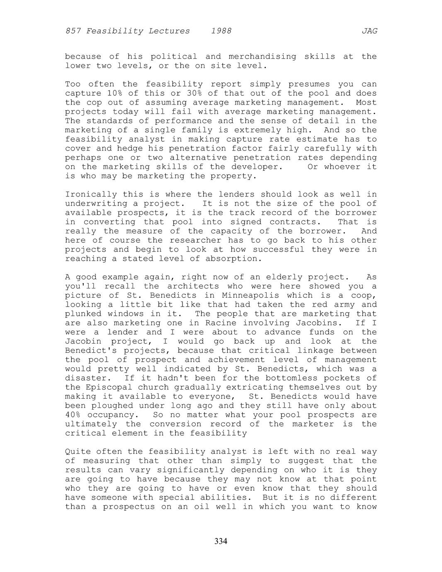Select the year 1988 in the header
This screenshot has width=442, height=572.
221,31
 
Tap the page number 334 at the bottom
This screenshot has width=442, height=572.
221,541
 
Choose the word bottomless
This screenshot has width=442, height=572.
293,378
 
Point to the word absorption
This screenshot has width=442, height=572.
234,259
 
